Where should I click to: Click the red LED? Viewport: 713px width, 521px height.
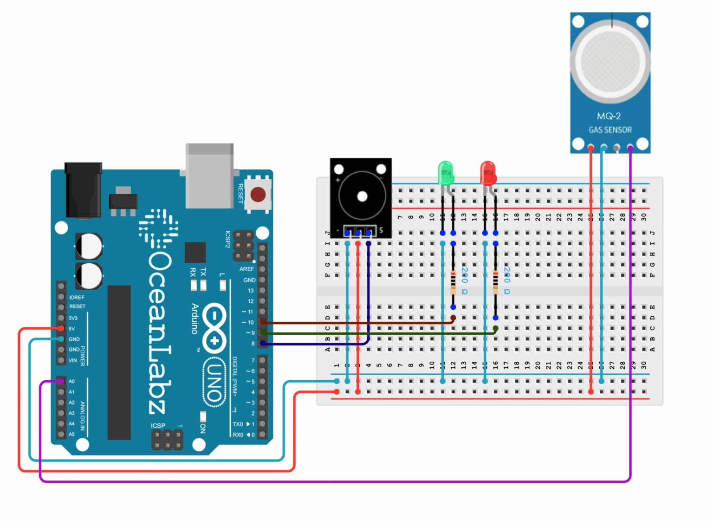click(x=488, y=173)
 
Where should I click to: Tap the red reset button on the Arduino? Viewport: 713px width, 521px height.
click(x=258, y=194)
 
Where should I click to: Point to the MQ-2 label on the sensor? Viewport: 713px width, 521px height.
click(x=609, y=116)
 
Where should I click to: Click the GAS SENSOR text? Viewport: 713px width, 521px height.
click(x=610, y=130)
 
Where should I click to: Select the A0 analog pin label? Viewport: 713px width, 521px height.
click(x=71, y=381)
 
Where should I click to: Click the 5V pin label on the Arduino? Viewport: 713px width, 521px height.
click(x=71, y=329)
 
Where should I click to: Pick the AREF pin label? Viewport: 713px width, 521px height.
click(x=246, y=269)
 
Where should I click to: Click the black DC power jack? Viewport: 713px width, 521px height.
click(x=83, y=190)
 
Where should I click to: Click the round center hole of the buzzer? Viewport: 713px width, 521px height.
click(x=362, y=196)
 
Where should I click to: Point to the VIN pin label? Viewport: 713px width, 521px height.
click(x=72, y=360)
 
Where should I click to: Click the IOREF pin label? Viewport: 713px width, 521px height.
click(x=77, y=297)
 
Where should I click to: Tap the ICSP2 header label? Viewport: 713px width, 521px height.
click(x=228, y=239)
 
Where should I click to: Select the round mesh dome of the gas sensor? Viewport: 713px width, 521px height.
click(x=610, y=61)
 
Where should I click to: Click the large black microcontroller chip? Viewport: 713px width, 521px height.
click(x=119, y=362)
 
